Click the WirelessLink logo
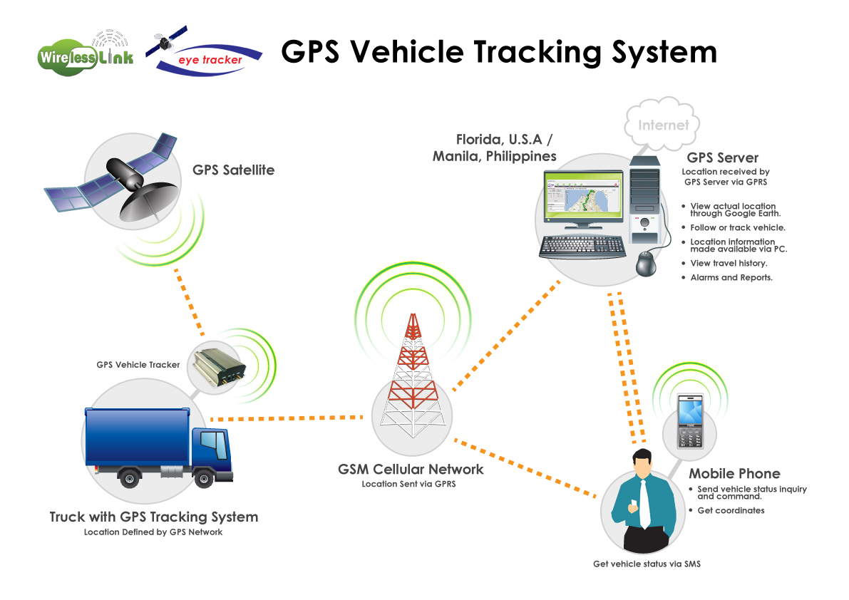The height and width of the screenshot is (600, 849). point(85,56)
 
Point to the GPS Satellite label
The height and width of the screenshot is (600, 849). point(233,170)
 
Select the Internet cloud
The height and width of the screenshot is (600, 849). point(663,126)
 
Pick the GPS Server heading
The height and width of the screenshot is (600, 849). point(722,158)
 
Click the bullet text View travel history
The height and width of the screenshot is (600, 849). point(729,264)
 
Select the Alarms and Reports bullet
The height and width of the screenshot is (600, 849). point(731,278)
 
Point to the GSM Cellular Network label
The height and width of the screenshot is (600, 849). point(411,470)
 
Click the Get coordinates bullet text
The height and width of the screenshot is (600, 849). point(731,511)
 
